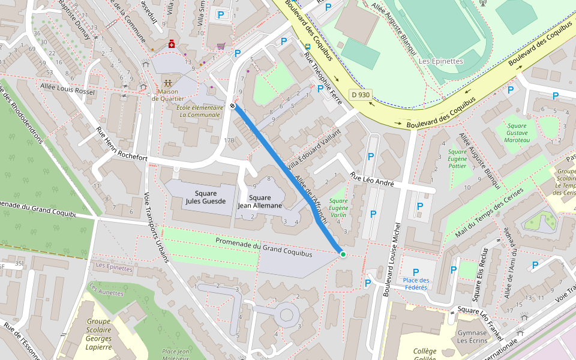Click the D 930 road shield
[x=361, y=95]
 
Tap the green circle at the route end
[x=343, y=255]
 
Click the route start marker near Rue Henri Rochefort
[x=232, y=106]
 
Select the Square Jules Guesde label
[x=206, y=197]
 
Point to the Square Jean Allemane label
[x=260, y=202]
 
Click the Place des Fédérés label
[x=416, y=284]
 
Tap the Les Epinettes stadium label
[x=441, y=61]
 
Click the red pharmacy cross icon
[x=172, y=44]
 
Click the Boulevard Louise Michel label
[x=391, y=258]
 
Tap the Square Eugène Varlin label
[x=338, y=208]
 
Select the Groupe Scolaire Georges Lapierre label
[x=98, y=334]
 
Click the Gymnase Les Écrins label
[x=472, y=337]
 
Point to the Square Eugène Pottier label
[x=457, y=159]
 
